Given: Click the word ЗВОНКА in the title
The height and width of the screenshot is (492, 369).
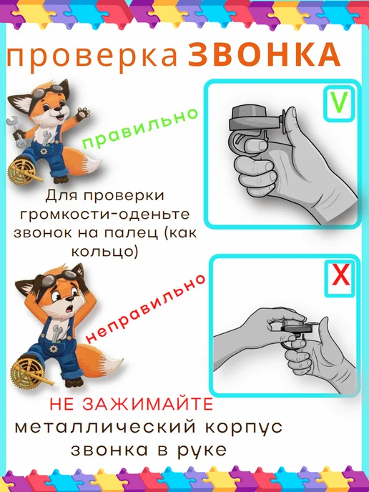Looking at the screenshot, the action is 264,54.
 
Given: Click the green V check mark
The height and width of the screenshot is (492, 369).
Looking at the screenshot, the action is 339,102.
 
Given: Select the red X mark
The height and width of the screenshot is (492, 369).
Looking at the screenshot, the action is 341,275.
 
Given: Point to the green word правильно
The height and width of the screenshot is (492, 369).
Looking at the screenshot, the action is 140,128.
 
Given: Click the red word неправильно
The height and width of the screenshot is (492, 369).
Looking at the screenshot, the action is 146,308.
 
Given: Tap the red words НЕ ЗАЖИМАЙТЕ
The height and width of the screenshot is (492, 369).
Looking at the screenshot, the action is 132,405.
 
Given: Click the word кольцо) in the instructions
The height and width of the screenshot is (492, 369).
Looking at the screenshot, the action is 105,251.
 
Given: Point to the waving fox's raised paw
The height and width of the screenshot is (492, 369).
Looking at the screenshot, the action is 83,113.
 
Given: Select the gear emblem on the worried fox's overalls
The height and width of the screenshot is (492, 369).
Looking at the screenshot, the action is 54,348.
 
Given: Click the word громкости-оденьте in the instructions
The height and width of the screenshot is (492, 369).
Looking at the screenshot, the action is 105,215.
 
